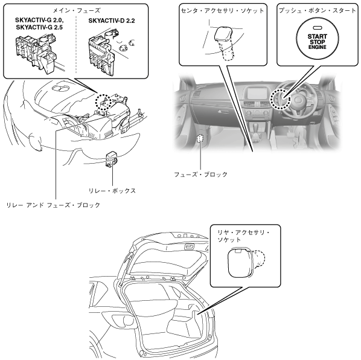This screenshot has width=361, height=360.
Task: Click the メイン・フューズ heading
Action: pos(77,11)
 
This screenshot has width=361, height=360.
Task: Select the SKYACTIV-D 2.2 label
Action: pos(112,21)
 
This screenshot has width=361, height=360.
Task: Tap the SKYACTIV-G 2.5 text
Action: pos(39,27)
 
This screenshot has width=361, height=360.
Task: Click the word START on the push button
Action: pos(318,36)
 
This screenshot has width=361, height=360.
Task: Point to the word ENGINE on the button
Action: pos(318,47)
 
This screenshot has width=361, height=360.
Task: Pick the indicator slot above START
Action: pos(318,28)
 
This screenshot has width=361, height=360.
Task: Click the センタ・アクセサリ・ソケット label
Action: pos(222,11)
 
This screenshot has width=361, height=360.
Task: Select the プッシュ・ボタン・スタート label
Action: pos(318,11)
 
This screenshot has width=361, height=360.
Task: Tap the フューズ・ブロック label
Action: pos(201,175)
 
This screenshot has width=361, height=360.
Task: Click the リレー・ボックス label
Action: pos(112,191)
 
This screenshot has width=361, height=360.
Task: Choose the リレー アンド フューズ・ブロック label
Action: pos(53,205)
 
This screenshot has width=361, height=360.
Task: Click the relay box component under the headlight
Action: pos(112,158)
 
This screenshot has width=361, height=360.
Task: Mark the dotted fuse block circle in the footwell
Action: pos(200,138)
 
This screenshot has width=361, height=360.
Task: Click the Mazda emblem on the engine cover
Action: pos(60,88)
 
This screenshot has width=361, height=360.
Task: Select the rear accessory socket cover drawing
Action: pos(240,262)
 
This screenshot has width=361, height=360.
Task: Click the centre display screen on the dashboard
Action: pos(255,93)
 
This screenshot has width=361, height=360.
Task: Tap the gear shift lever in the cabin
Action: pos(256,130)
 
